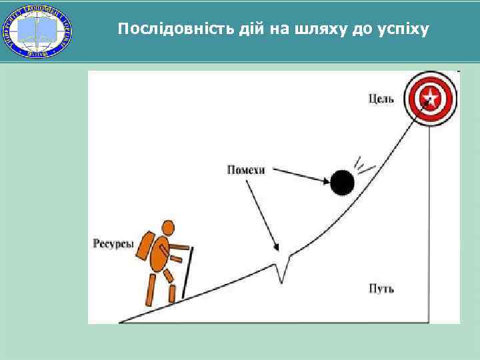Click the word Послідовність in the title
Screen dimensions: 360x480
click(161, 29)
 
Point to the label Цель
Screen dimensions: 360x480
click(381, 99)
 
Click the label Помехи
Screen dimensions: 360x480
click(245, 170)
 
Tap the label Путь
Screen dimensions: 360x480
click(381, 289)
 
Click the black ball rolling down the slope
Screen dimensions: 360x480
click(342, 181)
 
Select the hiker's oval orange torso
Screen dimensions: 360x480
click(160, 254)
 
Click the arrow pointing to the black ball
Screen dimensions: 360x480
click(300, 175)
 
